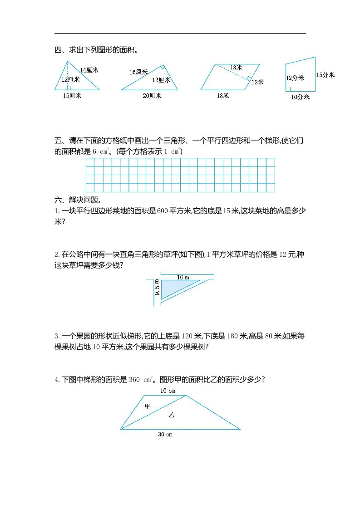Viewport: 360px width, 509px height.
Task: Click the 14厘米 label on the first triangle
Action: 89,70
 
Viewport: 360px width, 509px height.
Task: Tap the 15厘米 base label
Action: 72,95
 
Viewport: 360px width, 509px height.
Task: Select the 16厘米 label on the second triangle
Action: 138,72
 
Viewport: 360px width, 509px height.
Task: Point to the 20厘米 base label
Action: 152,96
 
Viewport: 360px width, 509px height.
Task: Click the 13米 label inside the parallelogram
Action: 236,67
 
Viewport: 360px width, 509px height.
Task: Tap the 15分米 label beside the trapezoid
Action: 325,75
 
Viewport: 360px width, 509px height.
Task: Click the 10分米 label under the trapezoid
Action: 300,97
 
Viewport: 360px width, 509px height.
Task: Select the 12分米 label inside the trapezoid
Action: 295,78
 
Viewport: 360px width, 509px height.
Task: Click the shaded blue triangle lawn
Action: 175,288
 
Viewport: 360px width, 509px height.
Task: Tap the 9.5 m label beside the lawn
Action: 157,288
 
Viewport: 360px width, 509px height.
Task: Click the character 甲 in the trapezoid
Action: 147,406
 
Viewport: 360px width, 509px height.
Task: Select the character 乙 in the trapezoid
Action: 171,415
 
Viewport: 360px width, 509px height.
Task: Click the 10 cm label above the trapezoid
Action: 168,391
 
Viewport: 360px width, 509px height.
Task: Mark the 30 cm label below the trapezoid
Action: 165,435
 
